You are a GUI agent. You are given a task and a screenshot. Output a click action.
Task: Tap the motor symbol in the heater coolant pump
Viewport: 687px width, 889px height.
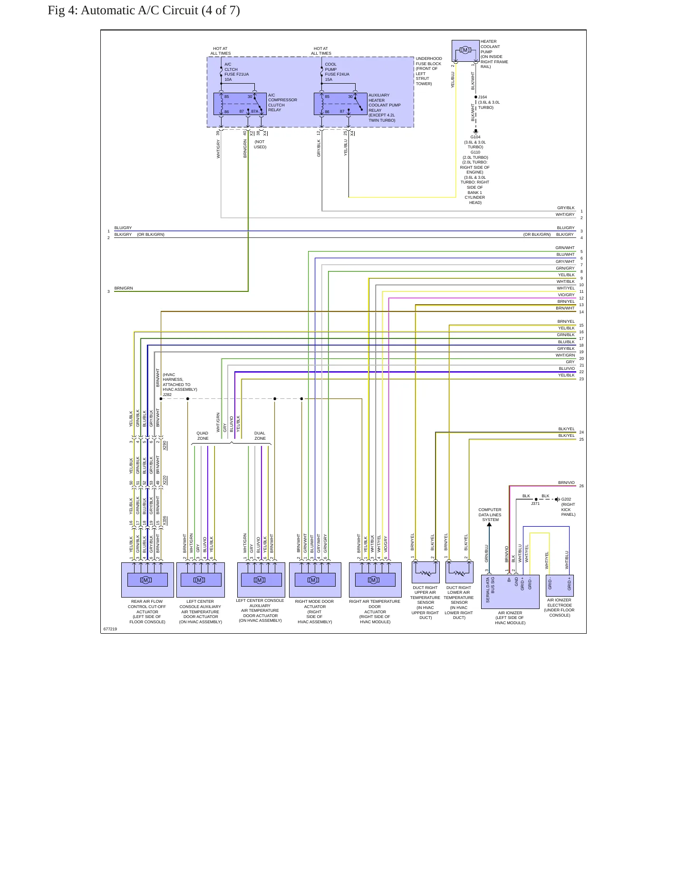click(465, 50)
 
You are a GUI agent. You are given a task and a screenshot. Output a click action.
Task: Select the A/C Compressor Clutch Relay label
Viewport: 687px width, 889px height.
click(282, 103)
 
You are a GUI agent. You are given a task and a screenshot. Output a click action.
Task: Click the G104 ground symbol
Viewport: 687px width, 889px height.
click(475, 131)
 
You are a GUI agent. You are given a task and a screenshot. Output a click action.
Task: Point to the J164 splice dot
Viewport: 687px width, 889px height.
click(475, 97)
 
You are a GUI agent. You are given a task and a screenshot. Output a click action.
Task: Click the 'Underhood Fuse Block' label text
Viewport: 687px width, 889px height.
click(428, 71)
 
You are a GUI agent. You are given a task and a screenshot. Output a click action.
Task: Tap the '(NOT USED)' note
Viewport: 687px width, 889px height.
click(260, 145)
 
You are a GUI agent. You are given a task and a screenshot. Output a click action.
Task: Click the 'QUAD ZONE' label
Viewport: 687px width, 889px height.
click(203, 436)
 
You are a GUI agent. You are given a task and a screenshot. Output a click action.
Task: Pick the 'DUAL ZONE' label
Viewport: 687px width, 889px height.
click(260, 436)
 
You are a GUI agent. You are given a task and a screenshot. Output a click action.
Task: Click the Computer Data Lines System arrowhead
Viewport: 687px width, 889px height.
click(489, 524)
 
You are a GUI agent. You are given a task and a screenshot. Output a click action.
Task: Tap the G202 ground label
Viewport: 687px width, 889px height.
click(566, 499)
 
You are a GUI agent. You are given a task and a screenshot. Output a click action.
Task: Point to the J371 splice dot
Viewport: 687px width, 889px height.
click(536, 499)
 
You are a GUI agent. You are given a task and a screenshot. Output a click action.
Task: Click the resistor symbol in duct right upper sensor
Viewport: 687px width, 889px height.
click(426, 573)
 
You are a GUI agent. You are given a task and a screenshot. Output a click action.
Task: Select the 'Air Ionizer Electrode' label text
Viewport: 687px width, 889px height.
click(559, 608)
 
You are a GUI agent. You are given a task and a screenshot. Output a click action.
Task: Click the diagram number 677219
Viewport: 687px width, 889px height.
click(110, 629)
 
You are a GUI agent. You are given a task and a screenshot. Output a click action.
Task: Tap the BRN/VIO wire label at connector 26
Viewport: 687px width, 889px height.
click(566, 483)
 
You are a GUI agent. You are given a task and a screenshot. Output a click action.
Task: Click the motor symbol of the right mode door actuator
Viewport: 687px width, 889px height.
click(313, 580)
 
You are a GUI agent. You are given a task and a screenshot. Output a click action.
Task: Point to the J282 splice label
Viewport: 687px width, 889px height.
click(167, 395)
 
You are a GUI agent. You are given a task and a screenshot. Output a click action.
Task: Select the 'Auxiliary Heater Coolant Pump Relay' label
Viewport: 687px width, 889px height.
click(384, 108)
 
